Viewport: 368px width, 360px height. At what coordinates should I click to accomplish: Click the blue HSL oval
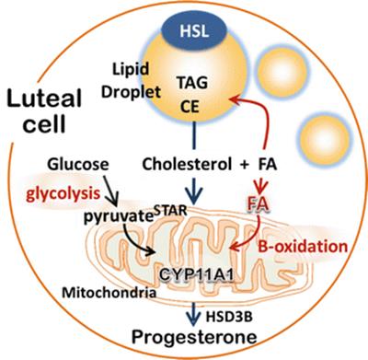point(194,31)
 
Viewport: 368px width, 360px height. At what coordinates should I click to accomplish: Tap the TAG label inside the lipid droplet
point(192,82)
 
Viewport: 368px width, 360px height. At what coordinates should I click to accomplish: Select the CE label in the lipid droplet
point(190,107)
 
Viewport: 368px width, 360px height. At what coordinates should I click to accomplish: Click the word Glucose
point(78,164)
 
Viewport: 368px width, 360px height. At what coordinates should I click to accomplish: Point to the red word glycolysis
point(63,194)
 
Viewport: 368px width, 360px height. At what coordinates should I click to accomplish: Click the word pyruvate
point(119,216)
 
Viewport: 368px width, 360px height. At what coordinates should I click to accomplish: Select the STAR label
point(170,211)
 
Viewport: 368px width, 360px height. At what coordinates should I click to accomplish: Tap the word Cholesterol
point(187,164)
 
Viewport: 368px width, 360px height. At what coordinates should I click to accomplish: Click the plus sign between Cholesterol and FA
point(245,165)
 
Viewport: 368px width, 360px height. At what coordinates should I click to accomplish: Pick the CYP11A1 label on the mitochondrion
point(197,274)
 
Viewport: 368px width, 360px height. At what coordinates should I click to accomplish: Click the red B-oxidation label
point(303,246)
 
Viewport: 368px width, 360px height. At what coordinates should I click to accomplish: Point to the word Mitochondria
point(109,293)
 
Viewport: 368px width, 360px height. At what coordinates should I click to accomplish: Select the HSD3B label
point(229,317)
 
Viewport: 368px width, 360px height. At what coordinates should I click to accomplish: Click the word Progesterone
point(194,337)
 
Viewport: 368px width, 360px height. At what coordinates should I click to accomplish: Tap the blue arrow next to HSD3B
point(193,314)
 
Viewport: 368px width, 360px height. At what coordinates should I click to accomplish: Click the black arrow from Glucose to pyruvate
point(110,191)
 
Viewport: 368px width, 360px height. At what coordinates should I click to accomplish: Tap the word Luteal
point(44,99)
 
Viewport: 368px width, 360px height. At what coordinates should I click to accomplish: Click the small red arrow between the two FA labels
point(261,185)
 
